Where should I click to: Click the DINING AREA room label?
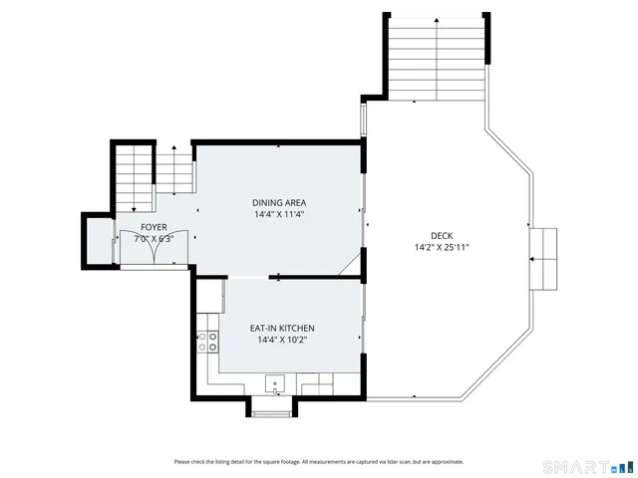point(278,202)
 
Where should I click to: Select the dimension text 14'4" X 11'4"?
point(278,214)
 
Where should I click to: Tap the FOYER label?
point(154,227)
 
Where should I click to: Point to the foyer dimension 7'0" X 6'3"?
point(154,239)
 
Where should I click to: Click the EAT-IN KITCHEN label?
point(282,328)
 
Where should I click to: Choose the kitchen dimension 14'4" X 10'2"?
point(282,340)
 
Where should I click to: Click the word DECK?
point(442,236)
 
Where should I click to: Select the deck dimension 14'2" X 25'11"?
point(442,247)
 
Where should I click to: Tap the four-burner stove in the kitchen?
point(209,342)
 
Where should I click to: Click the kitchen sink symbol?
point(275,383)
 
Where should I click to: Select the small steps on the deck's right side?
point(544,258)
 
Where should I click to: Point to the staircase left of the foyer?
point(131,178)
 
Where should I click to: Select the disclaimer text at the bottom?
point(318,461)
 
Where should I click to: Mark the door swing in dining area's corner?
point(349,262)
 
